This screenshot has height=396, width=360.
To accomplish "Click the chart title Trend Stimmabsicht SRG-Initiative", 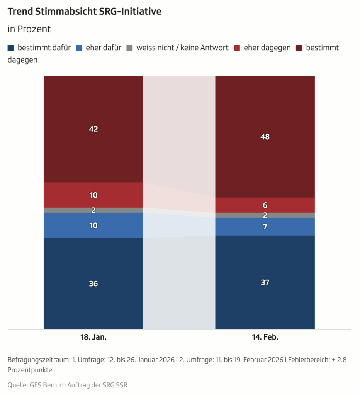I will coord(84,12).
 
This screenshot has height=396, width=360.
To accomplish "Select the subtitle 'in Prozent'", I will coord(29,29).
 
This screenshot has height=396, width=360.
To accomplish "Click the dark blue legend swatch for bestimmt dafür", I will coord(11,48).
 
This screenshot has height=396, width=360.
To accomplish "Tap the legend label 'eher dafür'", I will coord(104,48).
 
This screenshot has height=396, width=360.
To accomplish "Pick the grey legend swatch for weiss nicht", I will coord(129,48).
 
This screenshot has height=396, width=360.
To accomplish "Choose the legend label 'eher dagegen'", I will coord(267,48).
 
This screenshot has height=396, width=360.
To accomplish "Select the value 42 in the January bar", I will coord(93,129).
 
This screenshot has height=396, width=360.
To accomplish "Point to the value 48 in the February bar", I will coord(265,137).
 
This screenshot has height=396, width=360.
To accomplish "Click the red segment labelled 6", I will coord(265,205).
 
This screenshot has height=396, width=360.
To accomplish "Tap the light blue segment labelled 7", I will coord(265,227).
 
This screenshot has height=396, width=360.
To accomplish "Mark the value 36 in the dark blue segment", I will coord(93,283).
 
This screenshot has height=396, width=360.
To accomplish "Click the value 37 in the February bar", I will coord(265,282).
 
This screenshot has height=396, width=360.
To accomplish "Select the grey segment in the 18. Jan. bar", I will coord(93,210).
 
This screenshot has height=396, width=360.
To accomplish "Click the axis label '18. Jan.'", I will coord(93,337).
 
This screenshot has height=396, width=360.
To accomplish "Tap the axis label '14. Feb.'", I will coord(265,337).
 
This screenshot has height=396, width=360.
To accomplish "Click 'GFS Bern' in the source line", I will coord(42,385).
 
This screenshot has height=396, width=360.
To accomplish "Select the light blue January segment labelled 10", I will coord(93,225).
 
